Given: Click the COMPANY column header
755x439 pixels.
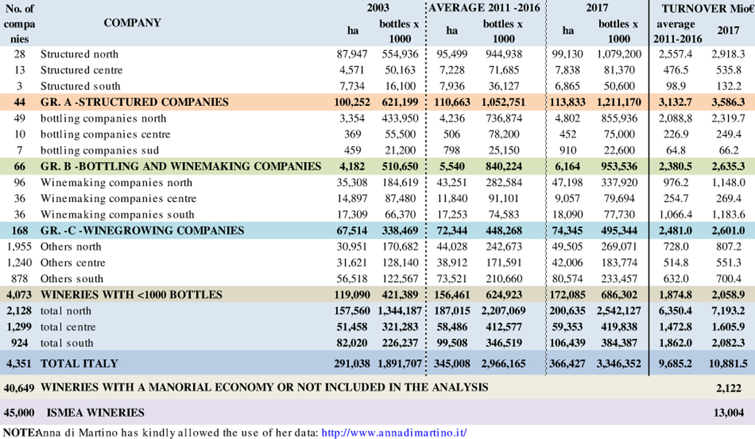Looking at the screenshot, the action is tap(132, 23).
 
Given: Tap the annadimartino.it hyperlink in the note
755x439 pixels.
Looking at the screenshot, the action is tap(394, 433).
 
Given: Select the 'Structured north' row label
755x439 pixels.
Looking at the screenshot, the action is tap(79, 54).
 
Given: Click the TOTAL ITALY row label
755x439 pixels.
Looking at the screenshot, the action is tap(79, 363).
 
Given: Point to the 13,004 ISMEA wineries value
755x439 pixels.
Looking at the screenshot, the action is tap(729, 413).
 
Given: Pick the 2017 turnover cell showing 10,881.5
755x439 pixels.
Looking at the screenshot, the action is tap(728, 363).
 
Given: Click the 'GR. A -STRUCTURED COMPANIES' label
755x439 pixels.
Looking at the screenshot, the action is tap(135, 102).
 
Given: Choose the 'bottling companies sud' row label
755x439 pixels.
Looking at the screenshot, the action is tap(99, 150).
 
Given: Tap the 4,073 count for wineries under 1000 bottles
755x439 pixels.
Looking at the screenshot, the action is tap(19, 295).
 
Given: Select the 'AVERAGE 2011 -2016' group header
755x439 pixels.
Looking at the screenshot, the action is tap(484, 8).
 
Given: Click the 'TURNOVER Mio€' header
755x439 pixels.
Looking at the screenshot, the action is tap(708, 8).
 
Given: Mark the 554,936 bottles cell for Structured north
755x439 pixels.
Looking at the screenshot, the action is tap(400, 54).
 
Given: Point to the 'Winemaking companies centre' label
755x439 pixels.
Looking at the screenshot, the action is tap(118, 198).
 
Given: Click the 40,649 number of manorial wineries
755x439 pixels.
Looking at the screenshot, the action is tap(19, 388).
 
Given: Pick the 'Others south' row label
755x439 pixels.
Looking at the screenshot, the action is tap(72, 279).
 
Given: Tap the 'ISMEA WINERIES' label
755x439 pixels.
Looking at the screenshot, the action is tap(96, 413).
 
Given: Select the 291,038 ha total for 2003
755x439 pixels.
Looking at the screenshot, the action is tap(352, 363).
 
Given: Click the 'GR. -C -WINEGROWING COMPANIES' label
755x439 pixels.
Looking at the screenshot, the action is tap(142, 231).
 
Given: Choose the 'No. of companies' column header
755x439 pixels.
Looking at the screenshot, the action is tap(20, 24).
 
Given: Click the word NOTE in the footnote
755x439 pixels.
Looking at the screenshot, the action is tap(20, 433).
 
